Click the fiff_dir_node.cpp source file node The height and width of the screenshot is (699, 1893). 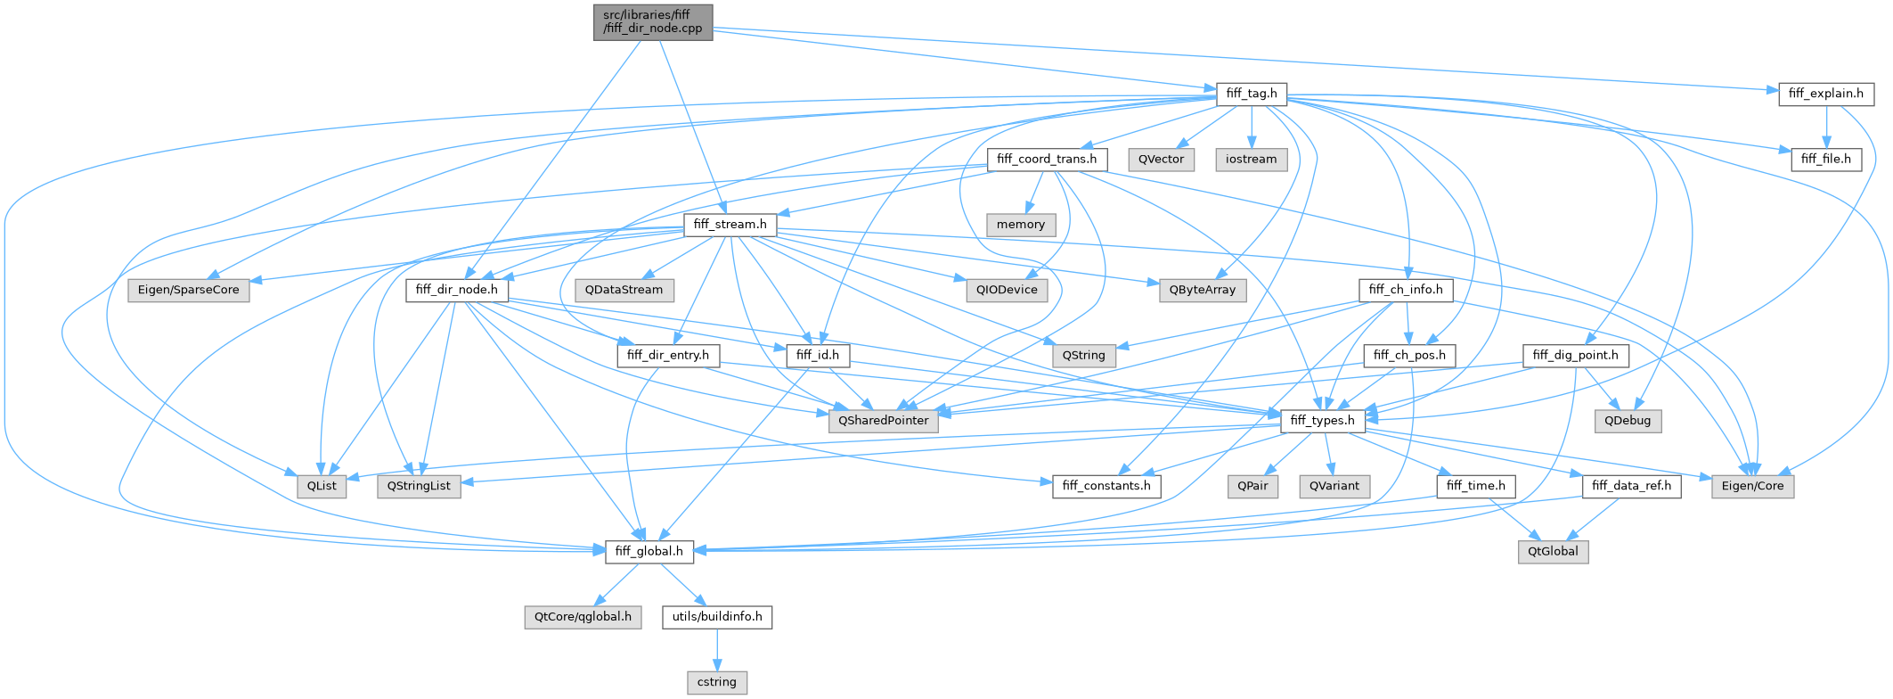(653, 21)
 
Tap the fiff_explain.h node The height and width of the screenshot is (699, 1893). (1825, 94)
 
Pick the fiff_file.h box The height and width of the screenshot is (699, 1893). (1825, 160)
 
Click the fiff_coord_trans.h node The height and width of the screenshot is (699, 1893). (1047, 160)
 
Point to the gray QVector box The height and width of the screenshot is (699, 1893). (1161, 160)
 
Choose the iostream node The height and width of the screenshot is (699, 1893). (1251, 160)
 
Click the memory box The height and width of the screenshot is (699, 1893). (1021, 225)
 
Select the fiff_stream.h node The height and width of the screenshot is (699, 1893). (730, 225)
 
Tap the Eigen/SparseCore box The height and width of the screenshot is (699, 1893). (189, 290)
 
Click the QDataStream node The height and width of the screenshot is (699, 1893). (624, 290)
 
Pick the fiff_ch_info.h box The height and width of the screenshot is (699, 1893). (1406, 290)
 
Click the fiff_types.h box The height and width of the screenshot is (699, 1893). (1322, 421)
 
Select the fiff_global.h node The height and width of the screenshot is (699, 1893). (649, 552)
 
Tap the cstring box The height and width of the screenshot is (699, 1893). (716, 683)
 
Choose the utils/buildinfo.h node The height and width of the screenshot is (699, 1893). (716, 617)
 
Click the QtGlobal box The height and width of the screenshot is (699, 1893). (1553, 552)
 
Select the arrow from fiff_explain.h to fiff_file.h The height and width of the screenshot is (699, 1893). (1825, 127)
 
